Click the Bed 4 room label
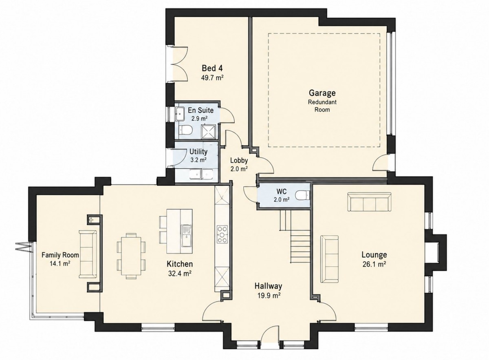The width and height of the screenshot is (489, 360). pos(212,68)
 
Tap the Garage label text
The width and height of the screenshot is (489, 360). pos(322,93)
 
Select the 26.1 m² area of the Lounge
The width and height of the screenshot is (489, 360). pos(374,264)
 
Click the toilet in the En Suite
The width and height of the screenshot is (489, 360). pos(185,130)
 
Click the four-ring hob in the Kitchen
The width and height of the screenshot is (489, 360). pos(222,234)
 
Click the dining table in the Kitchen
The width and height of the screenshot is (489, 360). pos(131,256)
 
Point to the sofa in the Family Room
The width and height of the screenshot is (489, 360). pos(88,254)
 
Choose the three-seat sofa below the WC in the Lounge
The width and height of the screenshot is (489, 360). pos(369,202)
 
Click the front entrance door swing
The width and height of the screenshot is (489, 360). pos(270,338)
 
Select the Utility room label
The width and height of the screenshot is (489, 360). pos(198,152)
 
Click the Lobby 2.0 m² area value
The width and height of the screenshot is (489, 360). pos(239,169)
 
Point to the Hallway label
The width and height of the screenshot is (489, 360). pos(268,286)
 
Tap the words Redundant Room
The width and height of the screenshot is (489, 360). pos(322,106)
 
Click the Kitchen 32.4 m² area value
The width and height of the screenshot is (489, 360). pos(180,274)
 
